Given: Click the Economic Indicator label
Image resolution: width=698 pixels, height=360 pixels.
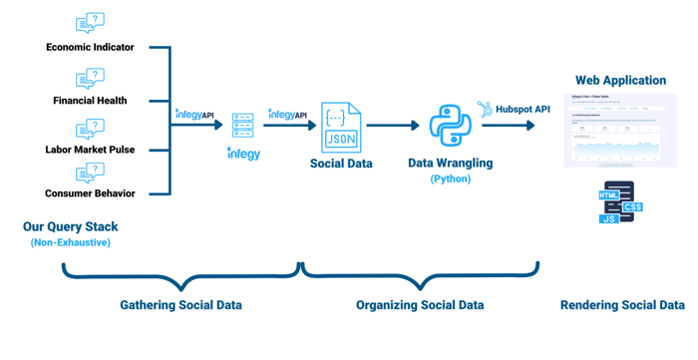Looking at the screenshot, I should pos(90,47).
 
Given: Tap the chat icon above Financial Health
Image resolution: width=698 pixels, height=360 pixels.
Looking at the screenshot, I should pos(90,78).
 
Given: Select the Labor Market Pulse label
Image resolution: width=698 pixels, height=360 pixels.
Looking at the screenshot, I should pos(90,150).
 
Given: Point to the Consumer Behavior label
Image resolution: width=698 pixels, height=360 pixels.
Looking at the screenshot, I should pos(90,193).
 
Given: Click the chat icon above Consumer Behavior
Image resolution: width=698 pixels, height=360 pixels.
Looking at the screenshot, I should pos(90,173).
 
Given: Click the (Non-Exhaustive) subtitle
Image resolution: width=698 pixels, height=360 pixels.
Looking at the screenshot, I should pos(70,242).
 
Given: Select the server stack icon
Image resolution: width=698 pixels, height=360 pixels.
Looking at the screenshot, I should pos(242,126).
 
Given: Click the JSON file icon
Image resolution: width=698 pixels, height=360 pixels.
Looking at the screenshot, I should pos(341,127).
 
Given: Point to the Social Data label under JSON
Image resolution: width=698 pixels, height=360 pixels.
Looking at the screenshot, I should pos(341,164).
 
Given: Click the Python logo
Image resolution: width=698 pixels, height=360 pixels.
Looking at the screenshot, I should pos(450,126).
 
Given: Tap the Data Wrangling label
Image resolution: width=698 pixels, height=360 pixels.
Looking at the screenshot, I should pos(450,163).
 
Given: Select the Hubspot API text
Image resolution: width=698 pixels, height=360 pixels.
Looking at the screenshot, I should pos(523,110).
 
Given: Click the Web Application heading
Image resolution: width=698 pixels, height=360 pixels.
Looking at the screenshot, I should pos(620,80).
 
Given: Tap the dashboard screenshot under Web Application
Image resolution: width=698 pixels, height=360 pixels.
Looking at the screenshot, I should pos(620,130).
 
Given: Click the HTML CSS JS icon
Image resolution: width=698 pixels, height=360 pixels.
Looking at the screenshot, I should pos(619,205).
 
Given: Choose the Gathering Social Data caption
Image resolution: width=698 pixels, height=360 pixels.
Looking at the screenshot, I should pos(180,305).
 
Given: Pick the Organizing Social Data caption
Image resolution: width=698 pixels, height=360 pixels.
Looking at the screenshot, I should pos(420,305).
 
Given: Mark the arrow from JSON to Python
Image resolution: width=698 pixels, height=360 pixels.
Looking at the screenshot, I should pos(393,126).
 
